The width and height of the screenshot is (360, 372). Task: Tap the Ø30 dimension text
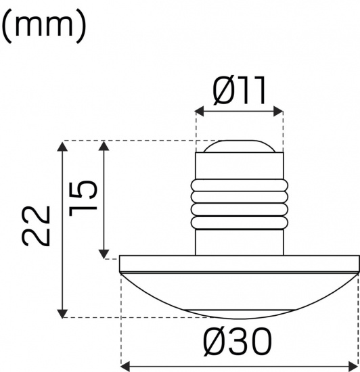pos(239,342)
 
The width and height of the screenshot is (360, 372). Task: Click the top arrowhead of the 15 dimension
pos(104,145)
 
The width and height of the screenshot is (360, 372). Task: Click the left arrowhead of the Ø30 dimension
pos(125,367)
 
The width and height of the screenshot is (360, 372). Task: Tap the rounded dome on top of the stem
pos(240,145)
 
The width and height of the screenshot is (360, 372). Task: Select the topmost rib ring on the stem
pos(240,185)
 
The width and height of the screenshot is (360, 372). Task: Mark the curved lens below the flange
pos(240,291)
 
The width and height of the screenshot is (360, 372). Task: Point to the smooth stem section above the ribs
pos(240,166)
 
